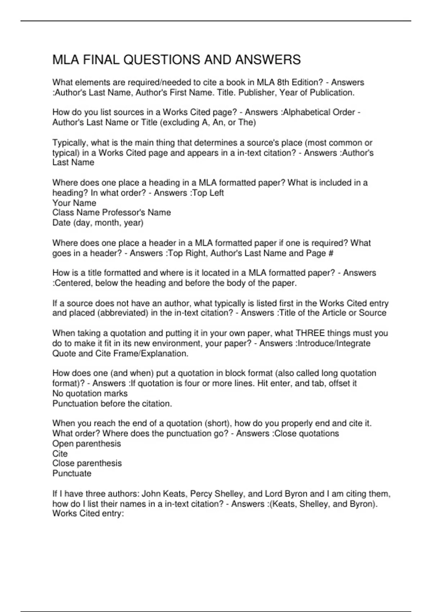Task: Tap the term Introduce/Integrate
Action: [334, 343]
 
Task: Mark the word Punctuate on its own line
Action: [72, 473]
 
